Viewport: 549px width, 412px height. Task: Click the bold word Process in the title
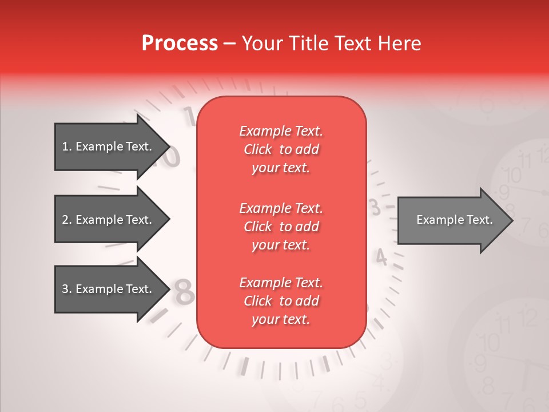180,43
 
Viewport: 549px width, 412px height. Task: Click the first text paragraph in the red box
281,149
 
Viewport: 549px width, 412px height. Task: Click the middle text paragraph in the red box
281,226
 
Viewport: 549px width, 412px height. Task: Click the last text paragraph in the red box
281,301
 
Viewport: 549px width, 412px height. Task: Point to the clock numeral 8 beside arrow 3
184,292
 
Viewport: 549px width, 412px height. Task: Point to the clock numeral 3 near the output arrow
376,207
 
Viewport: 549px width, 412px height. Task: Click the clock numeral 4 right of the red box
381,259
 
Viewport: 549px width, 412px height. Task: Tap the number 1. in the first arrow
67,146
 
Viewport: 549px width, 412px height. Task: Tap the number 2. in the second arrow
67,220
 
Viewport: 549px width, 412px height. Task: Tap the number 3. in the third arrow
67,289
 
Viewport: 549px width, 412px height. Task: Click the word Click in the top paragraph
258,149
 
